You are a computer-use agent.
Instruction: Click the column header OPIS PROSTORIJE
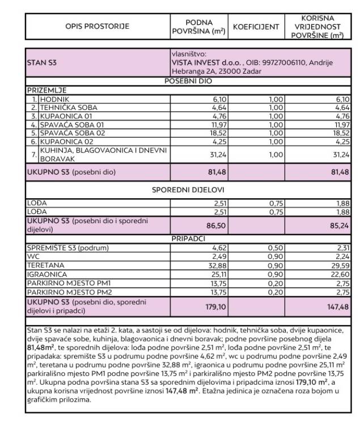[x=97, y=26]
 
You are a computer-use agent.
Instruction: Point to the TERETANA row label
[x=46, y=265]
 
